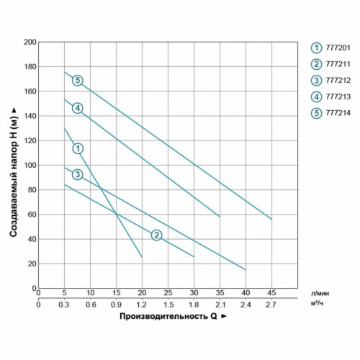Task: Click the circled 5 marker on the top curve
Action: (x=78, y=80)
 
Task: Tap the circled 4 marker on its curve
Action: (x=77, y=108)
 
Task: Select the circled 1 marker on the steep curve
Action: (x=77, y=148)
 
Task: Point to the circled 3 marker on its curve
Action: (x=77, y=174)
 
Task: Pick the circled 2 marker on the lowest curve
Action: (x=156, y=235)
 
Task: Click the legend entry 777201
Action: (x=333, y=47)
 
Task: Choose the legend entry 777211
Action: (x=333, y=64)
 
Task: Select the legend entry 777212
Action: (x=333, y=81)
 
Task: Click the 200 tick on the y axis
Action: (x=30, y=42)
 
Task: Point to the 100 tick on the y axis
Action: (x=30, y=165)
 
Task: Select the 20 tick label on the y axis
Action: (x=31, y=264)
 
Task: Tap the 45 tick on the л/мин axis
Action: (x=271, y=293)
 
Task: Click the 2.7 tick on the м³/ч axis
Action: (x=271, y=304)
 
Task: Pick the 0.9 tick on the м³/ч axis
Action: (x=116, y=304)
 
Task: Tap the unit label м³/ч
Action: (x=321, y=304)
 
